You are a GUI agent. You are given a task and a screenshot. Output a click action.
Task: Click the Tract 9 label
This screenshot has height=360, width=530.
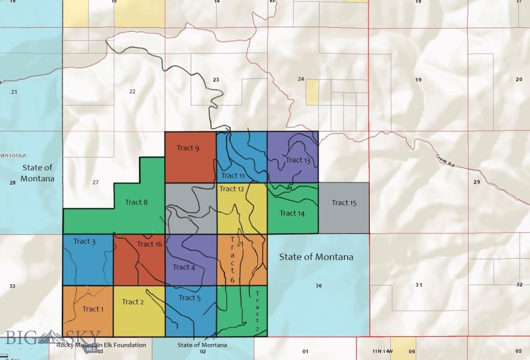[188, 148]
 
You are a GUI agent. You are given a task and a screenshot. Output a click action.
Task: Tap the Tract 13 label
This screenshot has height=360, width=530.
[298, 160]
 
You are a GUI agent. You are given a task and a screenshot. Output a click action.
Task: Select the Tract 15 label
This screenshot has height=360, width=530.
[344, 202]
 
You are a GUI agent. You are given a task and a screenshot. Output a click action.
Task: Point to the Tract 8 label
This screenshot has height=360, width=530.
[136, 202]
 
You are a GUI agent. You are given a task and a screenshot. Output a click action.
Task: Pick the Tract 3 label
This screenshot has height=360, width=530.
[84, 241]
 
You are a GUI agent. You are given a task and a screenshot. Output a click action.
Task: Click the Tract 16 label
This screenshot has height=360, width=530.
[149, 244]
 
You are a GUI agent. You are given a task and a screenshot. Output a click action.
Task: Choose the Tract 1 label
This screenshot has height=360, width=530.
[93, 309]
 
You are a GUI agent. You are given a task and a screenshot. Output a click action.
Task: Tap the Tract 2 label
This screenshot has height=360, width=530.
[133, 302]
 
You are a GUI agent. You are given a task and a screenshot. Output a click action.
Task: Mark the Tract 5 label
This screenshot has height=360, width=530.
[189, 298]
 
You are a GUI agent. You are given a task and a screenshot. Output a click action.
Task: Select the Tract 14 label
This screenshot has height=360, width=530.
[292, 213]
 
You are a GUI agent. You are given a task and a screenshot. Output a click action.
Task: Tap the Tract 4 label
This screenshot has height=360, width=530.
[184, 267]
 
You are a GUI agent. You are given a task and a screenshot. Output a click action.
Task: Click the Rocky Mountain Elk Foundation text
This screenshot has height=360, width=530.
[101, 345]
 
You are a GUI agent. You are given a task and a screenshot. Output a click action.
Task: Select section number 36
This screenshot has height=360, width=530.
[319, 286]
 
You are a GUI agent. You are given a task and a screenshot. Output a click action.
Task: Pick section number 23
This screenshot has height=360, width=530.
[216, 80]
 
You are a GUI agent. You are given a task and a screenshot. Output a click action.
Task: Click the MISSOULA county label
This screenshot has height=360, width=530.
[14, 156]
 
